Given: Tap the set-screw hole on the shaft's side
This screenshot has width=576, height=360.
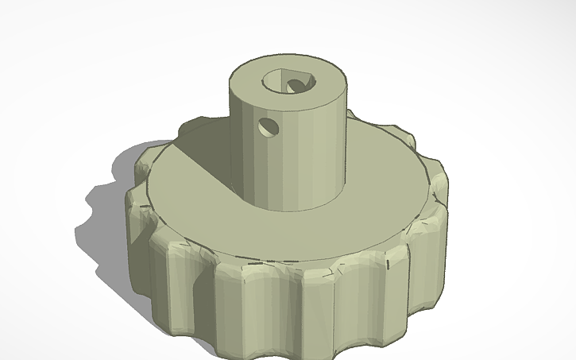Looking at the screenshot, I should pos(269,126).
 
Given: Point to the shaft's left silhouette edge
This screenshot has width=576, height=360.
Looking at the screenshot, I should pos(231,143).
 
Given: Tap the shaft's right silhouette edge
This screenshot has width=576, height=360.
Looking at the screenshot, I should pos(347,143).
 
